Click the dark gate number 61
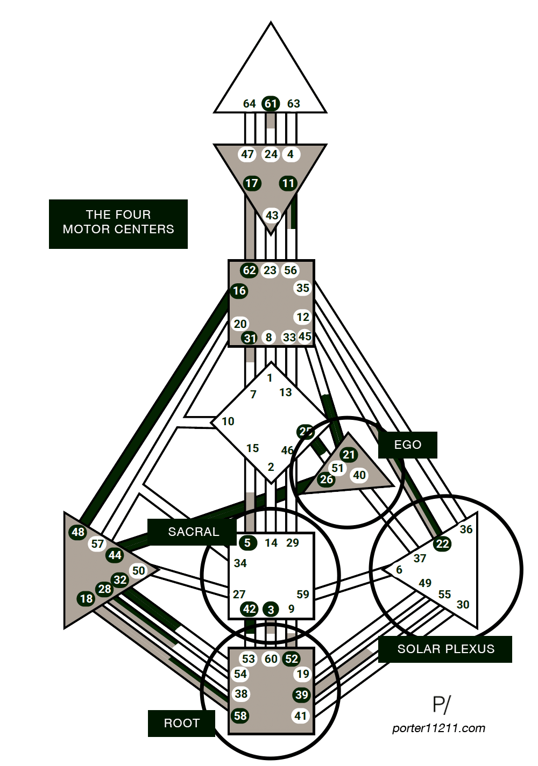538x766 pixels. (x=271, y=104)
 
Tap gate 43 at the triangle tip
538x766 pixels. (x=272, y=216)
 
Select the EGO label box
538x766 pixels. (x=407, y=445)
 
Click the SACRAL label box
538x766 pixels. (x=193, y=532)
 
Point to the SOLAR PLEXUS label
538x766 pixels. (x=445, y=649)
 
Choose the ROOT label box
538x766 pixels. (x=181, y=724)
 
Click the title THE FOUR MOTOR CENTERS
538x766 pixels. (x=118, y=222)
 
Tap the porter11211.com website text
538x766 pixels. (x=438, y=728)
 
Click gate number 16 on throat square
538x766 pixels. (x=239, y=291)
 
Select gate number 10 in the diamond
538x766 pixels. (x=228, y=421)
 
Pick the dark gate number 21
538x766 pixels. (x=349, y=455)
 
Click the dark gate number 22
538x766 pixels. (x=442, y=544)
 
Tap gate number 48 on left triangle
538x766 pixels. (x=78, y=532)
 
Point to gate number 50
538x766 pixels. (x=139, y=571)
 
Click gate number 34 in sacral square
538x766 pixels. (x=240, y=563)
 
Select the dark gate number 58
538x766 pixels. (x=240, y=716)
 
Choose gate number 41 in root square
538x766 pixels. (x=301, y=716)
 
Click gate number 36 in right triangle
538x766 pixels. (x=466, y=529)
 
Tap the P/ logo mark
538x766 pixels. (x=441, y=705)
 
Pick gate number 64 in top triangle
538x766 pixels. (x=249, y=104)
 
